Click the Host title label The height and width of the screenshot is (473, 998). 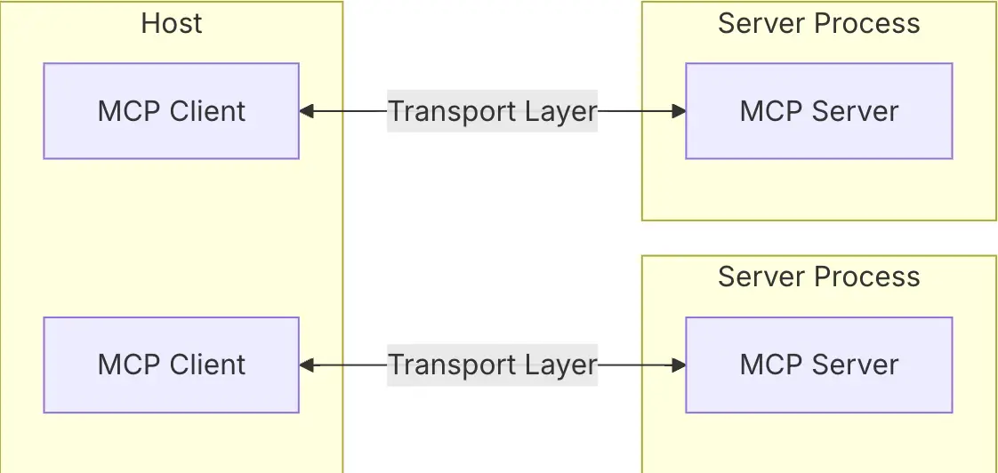point(171,23)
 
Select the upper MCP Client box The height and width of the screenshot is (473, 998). point(171,111)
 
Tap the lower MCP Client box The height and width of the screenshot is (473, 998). point(171,365)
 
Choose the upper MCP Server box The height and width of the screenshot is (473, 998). point(819,111)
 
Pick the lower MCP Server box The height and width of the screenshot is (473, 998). point(819,365)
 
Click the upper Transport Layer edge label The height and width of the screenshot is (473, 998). point(493,111)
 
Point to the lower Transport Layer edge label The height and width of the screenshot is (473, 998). point(493,365)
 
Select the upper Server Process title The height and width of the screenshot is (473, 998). point(819,23)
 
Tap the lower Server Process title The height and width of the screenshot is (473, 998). point(819,277)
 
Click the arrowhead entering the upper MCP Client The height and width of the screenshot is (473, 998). point(307,111)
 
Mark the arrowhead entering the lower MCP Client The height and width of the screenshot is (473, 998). point(307,365)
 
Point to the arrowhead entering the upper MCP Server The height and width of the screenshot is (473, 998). point(679,111)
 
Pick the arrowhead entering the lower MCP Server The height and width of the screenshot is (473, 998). point(679,365)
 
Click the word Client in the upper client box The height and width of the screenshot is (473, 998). point(207,111)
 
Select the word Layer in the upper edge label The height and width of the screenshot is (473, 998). point(562,111)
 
